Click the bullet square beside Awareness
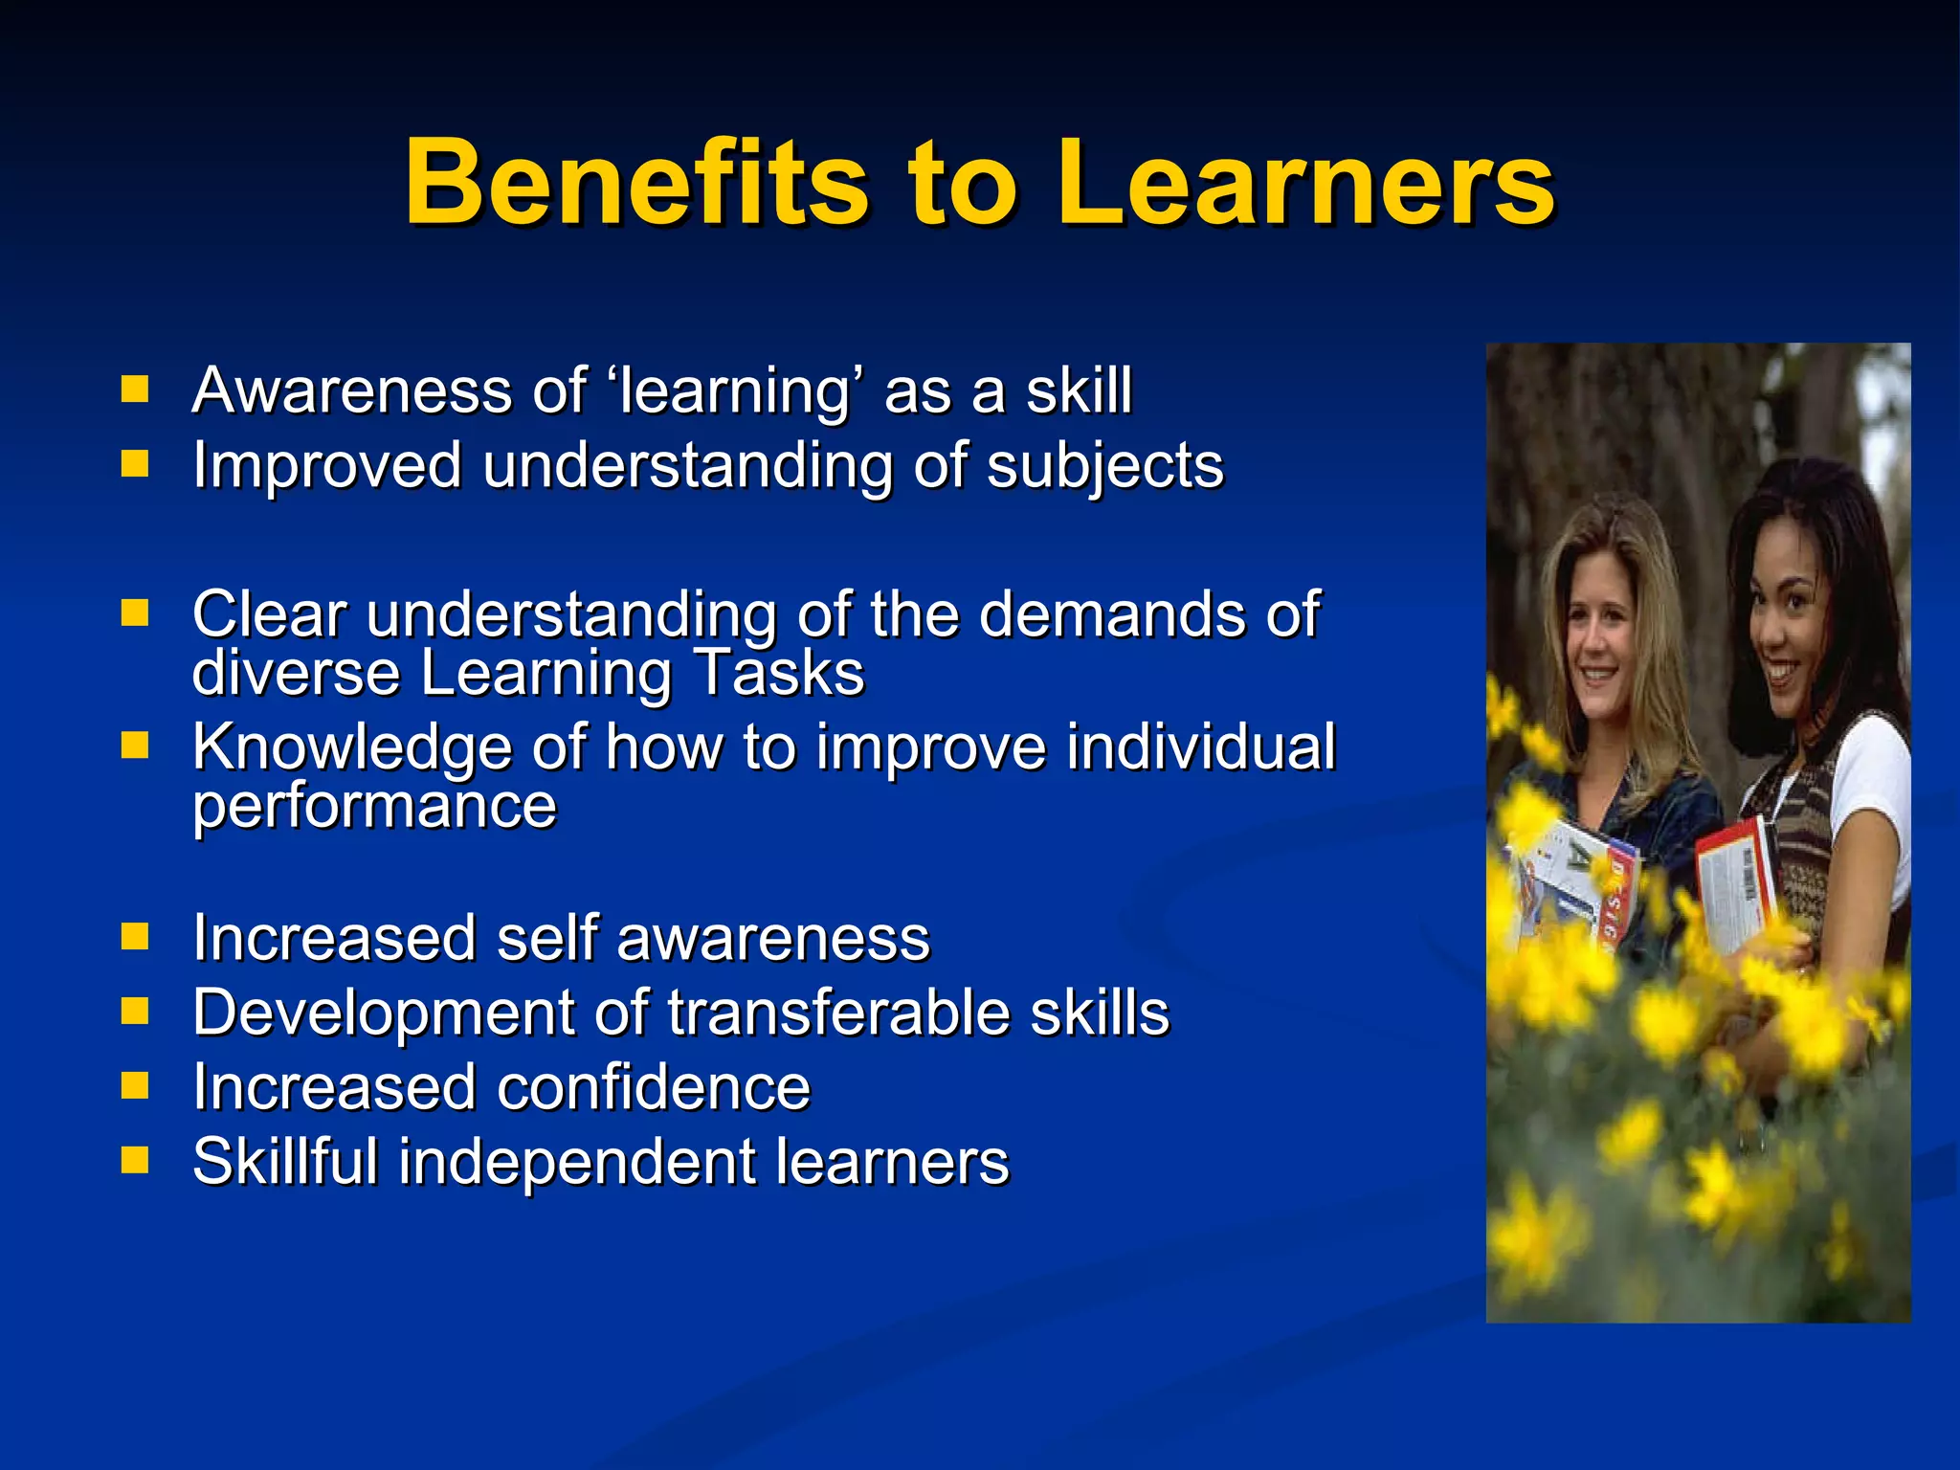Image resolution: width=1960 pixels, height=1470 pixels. pos(135,390)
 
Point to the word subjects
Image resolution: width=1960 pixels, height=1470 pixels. pos(1104,467)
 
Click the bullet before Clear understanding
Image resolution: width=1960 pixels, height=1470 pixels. pos(135,612)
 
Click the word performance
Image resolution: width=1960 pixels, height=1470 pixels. pos(374,806)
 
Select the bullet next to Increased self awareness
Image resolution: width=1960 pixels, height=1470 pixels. pos(135,936)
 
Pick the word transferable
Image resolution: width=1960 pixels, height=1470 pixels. pos(838,1013)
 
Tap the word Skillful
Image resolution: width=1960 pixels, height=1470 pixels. pos(285,1162)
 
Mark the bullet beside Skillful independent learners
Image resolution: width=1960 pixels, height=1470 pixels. pos(135,1161)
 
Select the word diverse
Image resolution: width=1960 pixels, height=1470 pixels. pos(296,673)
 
